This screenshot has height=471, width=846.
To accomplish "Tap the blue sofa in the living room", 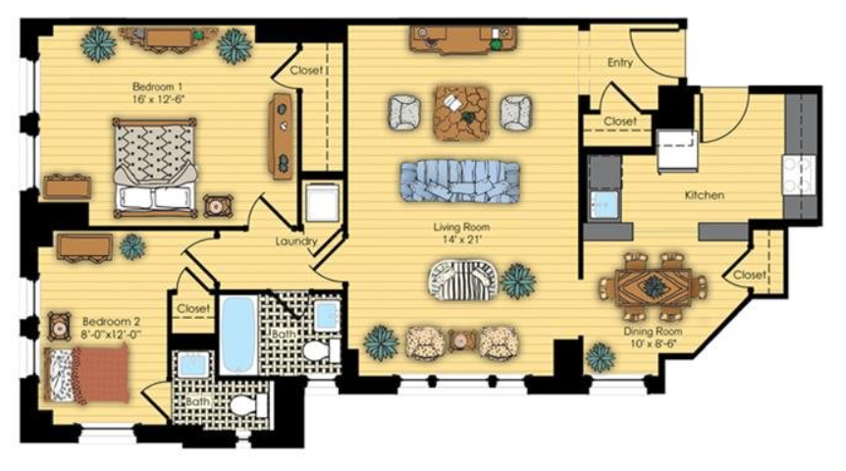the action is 459,182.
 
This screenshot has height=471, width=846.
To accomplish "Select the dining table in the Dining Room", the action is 654,288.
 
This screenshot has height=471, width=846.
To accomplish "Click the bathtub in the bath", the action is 238,334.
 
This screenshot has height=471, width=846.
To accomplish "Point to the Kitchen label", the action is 704,195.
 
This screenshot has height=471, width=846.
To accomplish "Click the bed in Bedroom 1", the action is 154,168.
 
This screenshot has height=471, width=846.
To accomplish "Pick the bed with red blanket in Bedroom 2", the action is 88,374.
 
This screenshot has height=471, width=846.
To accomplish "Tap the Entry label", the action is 620,63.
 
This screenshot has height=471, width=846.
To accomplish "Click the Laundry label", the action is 295,241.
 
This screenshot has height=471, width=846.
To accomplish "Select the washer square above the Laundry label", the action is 322,203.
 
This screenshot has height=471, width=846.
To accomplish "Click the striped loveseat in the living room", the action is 462,280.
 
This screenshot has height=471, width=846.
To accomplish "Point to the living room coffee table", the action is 461,113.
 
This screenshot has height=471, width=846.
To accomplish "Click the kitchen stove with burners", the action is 799,175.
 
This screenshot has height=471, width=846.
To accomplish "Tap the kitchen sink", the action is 604,205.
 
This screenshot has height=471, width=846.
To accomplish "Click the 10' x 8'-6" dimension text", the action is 653,343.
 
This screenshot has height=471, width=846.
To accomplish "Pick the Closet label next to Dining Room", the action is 750,275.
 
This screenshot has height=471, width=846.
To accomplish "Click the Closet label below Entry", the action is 620,122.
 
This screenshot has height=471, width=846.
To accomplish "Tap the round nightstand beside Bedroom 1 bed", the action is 218,205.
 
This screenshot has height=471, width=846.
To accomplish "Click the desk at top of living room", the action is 463,39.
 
